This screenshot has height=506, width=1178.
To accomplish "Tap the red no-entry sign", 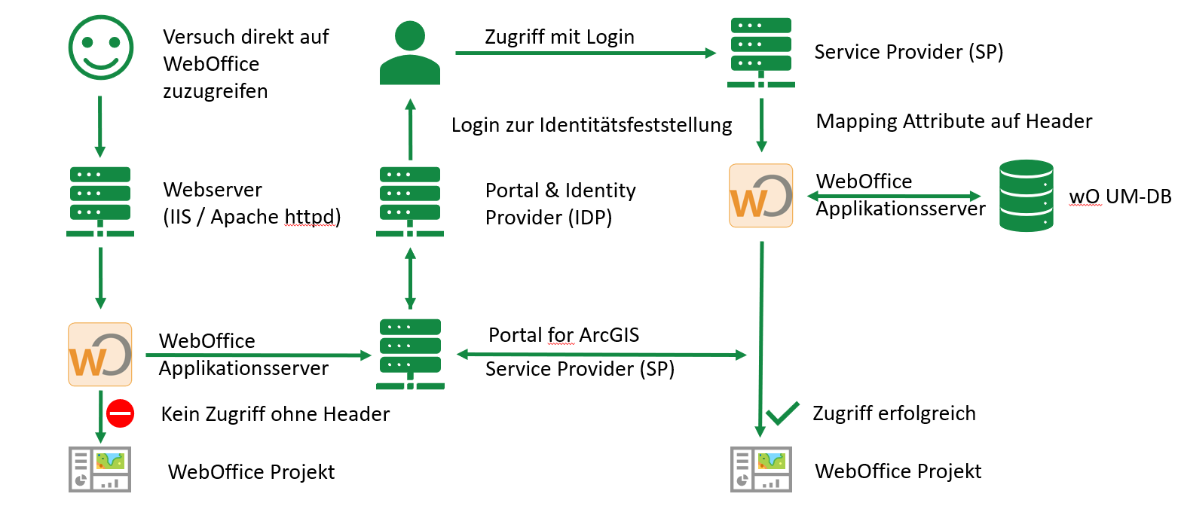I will [x=120, y=413].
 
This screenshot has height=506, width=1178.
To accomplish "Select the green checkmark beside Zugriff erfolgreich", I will [x=782, y=413].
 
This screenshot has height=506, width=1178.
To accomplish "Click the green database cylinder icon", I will [x=1026, y=195].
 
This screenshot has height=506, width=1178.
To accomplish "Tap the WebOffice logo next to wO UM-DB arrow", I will [x=760, y=195].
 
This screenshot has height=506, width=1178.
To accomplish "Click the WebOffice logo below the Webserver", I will [x=100, y=354].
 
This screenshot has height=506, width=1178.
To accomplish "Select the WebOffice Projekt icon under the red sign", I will [x=100, y=470].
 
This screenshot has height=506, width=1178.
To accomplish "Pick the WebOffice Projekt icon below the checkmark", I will [x=760, y=470].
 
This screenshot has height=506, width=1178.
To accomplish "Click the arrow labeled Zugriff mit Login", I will [x=585, y=53].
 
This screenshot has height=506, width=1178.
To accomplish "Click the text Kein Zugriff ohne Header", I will [x=275, y=413].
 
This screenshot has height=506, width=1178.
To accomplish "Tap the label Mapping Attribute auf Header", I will [x=953, y=121].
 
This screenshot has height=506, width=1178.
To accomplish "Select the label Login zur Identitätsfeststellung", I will [x=592, y=125].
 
